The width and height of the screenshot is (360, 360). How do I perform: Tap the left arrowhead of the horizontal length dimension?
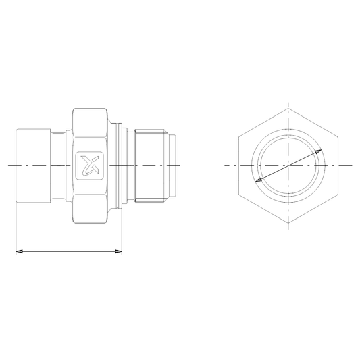[x=18, y=252]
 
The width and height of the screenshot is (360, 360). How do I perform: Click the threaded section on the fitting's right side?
[x=150, y=165]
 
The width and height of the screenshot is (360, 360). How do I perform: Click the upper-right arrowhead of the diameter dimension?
[x=318, y=153]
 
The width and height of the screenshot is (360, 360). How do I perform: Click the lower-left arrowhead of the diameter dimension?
[x=258, y=181]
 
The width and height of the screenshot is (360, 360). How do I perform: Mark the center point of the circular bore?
[x=288, y=165]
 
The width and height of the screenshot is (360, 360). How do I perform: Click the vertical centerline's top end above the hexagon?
[x=288, y=106]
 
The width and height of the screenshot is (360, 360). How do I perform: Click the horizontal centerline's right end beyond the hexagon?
[x=351, y=165]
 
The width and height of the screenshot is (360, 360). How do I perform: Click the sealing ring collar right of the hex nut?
[x=122, y=165]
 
